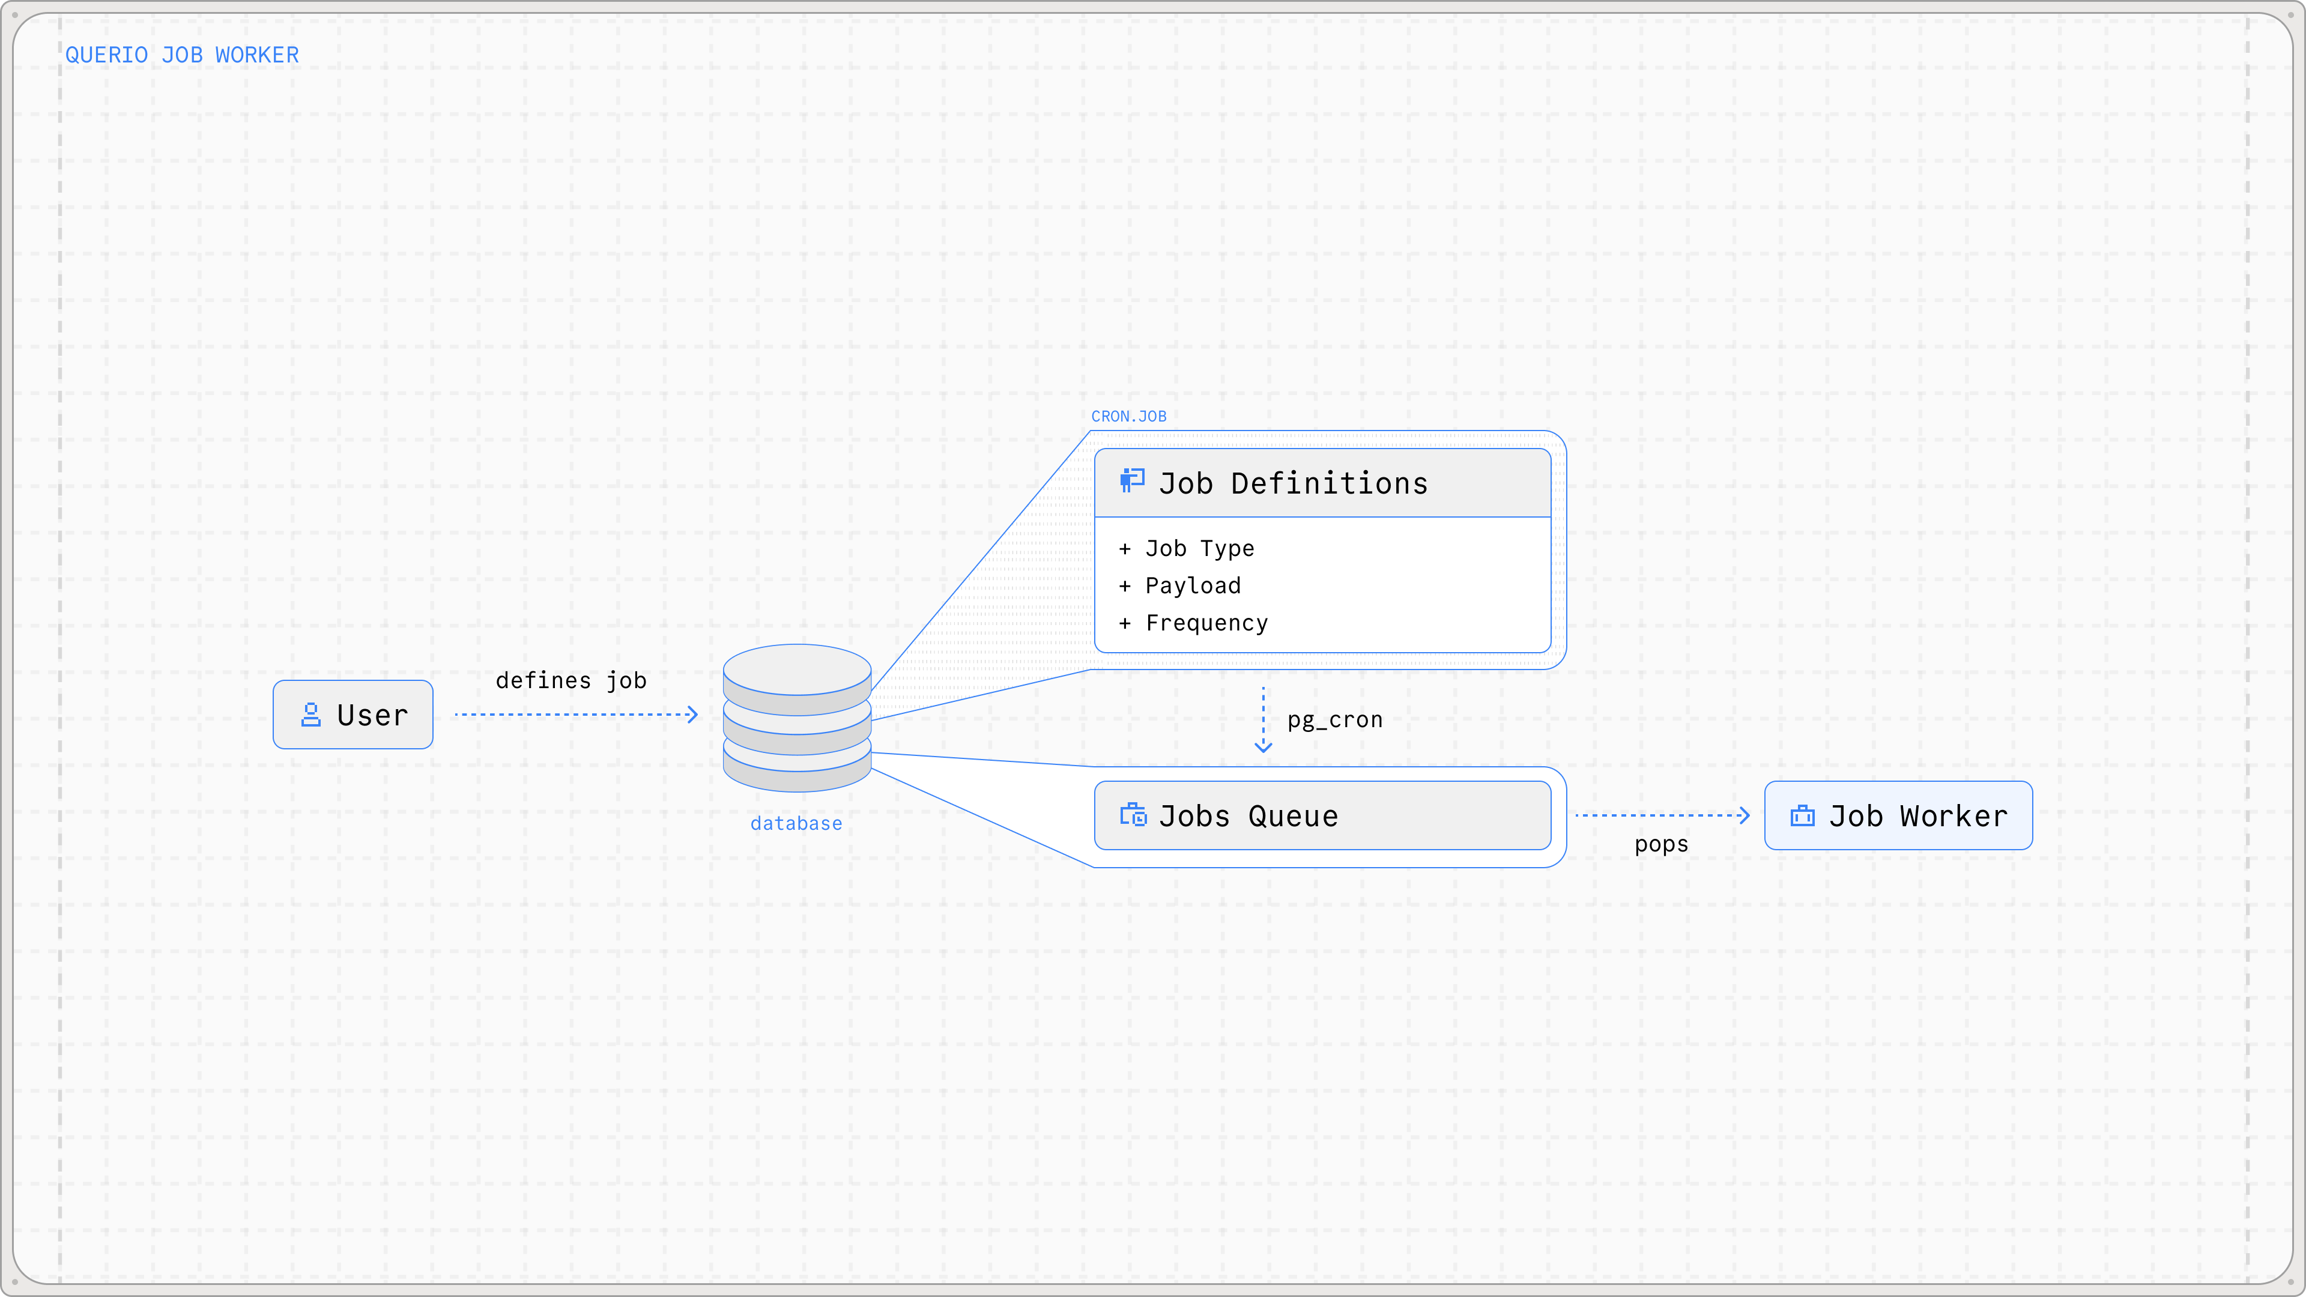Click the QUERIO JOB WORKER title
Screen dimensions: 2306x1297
[182, 55]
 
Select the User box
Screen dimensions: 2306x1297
[353, 715]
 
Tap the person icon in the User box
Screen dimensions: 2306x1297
[310, 715]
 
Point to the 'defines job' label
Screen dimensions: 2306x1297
[571, 680]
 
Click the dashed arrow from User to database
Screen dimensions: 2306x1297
[576, 715]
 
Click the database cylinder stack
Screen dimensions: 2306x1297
[797, 718]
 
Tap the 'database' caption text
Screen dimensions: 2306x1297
[796, 823]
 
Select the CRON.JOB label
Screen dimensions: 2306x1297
[1129, 416]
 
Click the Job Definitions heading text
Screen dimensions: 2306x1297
[1294, 483]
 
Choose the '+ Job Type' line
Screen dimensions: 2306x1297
[1187, 549]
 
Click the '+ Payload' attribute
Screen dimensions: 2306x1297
[1180, 585]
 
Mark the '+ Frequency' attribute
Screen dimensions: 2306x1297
[1193, 623]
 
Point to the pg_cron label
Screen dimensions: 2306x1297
[1335, 720]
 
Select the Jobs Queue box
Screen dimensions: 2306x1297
[1322, 815]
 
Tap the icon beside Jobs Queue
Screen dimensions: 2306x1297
[1133, 815]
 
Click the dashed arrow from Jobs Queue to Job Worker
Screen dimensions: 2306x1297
[1662, 815]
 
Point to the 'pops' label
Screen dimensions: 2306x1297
[1662, 845]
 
